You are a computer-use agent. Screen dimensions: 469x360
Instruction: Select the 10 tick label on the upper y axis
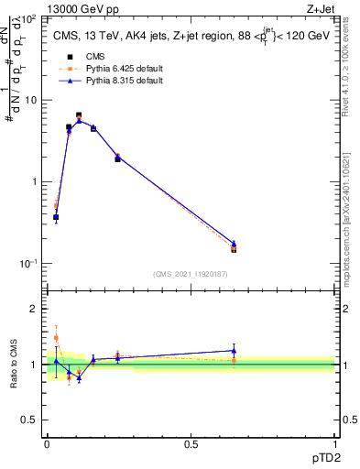[x=32, y=100]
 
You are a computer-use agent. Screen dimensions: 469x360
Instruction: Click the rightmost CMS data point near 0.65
[x=234, y=249]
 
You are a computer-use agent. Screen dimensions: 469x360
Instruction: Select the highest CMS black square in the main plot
[x=79, y=115]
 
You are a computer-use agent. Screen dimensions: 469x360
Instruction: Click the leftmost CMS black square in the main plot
[x=56, y=217]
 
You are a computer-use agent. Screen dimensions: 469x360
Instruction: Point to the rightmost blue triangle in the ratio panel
[x=234, y=350]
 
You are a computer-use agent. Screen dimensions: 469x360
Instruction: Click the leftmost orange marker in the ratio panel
[x=56, y=337]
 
